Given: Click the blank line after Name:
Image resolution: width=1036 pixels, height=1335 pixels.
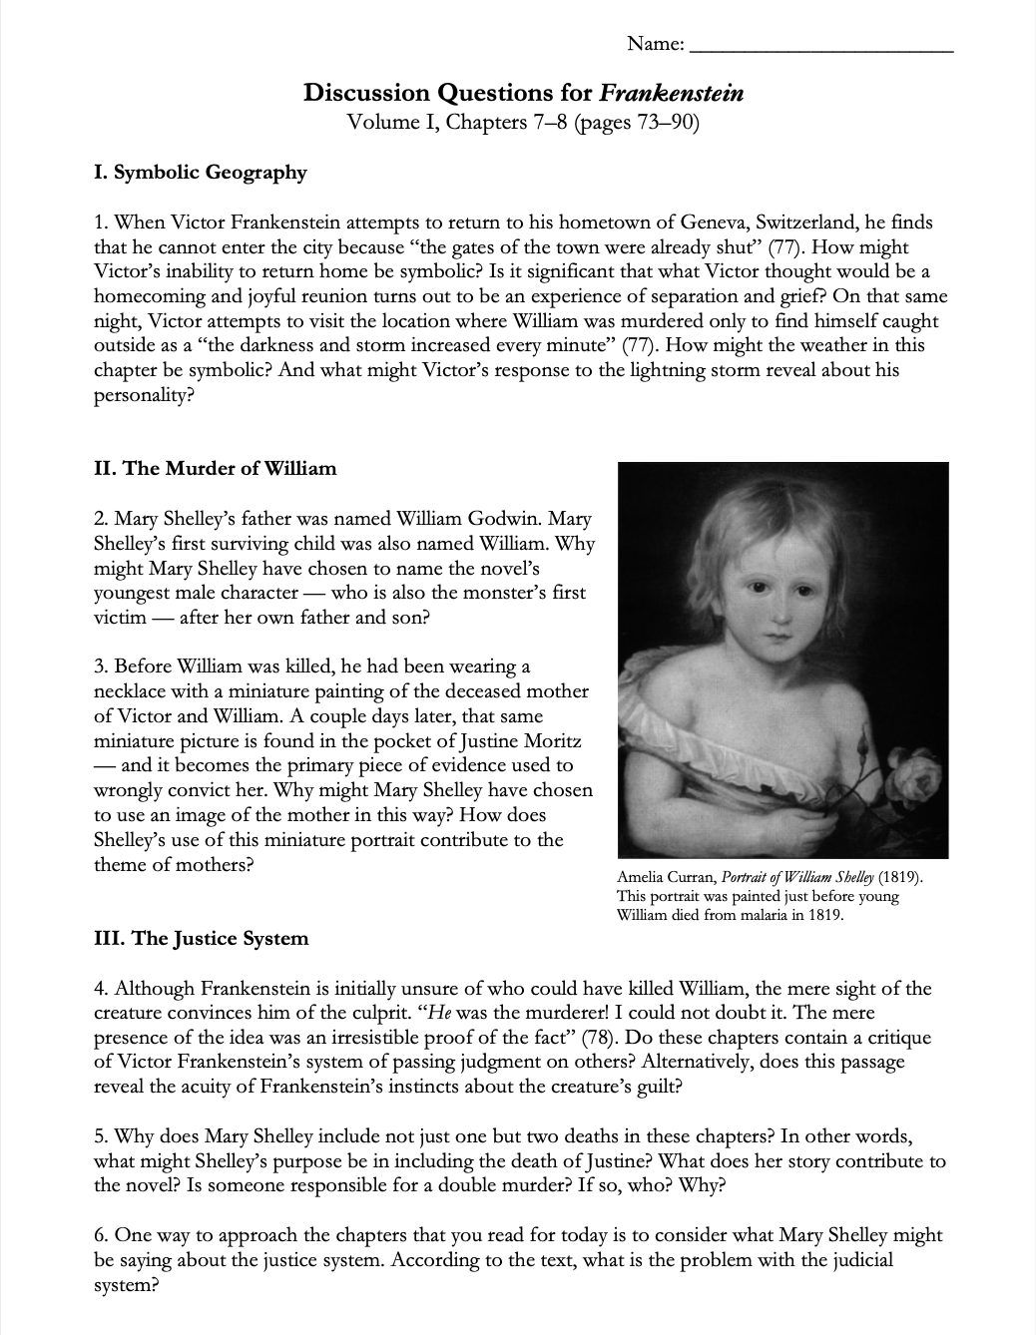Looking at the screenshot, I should pyautogui.click(x=821, y=46).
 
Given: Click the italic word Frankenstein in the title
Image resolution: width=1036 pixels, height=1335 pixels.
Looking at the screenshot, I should pyautogui.click(x=671, y=94).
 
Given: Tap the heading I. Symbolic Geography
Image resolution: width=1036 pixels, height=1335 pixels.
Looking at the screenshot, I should pyautogui.click(x=200, y=173).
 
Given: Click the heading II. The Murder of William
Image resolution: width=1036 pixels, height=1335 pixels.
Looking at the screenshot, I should pyautogui.click(x=215, y=469).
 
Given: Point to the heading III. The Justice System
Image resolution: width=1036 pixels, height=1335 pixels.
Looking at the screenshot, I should pyautogui.click(x=201, y=939).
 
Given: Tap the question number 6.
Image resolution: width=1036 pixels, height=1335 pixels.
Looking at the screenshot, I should pyautogui.click(x=100, y=1235).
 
